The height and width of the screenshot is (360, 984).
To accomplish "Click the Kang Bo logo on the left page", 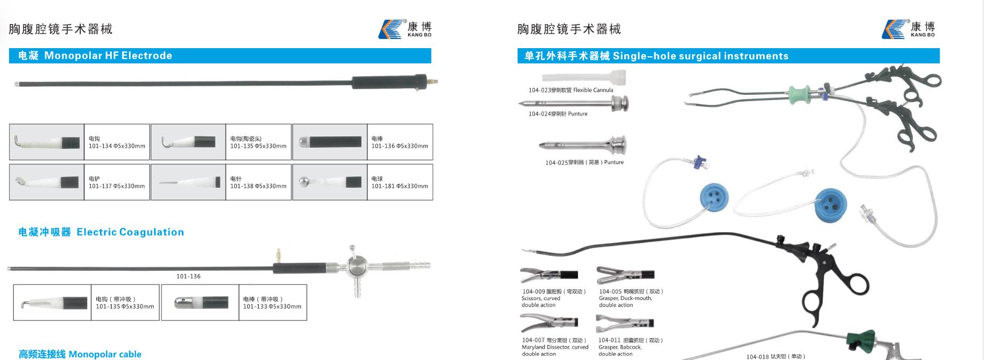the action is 405,29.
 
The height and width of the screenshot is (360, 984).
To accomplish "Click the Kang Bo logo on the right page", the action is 909,29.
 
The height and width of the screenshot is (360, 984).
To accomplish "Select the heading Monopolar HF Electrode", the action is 108,56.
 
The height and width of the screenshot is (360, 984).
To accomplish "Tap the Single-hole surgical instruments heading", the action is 701,56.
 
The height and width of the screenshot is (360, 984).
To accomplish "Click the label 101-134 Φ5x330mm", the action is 117,146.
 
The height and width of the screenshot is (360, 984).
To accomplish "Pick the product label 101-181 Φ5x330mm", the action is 400,186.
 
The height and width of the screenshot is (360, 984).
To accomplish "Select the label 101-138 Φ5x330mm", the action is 258,186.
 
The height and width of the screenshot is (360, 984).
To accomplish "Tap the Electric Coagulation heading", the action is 130,232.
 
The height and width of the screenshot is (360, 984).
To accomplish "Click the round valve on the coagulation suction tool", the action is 356,265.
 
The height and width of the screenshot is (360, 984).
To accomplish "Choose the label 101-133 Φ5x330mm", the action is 272,307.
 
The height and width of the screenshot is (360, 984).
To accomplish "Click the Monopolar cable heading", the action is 105,354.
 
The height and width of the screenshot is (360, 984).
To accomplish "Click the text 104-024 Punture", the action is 558,114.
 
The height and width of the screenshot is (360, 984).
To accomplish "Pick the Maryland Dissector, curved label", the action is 555,347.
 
